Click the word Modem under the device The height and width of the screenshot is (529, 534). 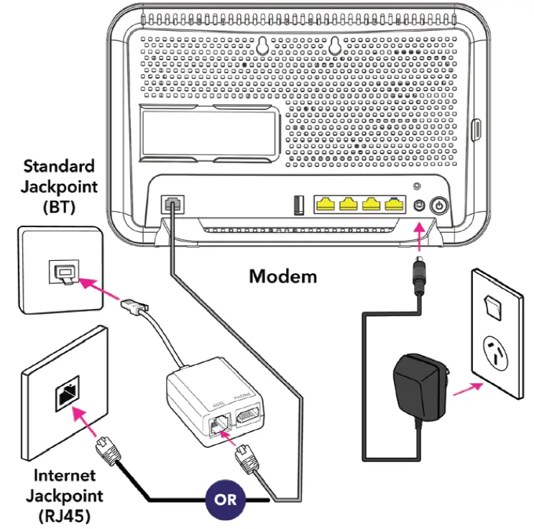282,276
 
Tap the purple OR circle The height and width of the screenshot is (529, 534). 226,500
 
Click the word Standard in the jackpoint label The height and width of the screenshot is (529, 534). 59,166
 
